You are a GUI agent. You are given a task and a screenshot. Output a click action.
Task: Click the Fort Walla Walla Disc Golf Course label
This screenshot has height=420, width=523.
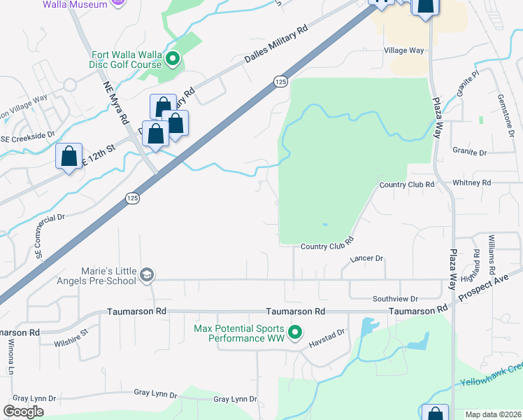[127, 60]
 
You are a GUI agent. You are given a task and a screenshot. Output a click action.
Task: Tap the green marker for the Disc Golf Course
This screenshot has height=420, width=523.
[173, 59]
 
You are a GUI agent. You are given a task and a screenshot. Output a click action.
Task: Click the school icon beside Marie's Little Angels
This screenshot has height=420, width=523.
[146, 274]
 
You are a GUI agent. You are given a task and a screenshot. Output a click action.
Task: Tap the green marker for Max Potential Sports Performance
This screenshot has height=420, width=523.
[295, 332]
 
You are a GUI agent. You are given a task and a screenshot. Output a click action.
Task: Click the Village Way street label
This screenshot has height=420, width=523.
[404, 50]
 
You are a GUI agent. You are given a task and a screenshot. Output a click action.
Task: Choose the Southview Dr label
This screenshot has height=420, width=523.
[395, 298]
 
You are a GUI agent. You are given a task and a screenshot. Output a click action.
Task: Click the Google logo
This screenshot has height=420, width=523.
[24, 411]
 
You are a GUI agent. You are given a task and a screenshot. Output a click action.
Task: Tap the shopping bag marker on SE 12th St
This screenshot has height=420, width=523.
[69, 157]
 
